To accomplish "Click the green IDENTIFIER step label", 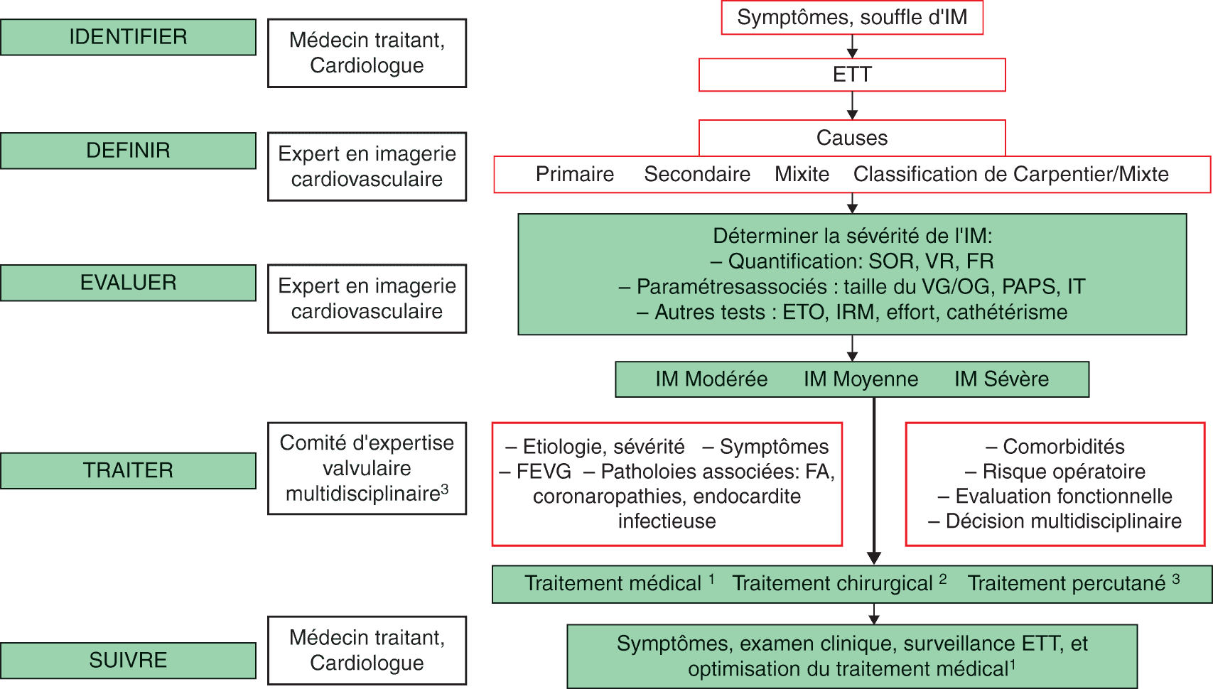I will coord(128,37).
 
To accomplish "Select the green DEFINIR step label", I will coord(128,151).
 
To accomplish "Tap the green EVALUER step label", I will coord(128,283).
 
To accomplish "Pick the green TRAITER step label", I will coord(128,470).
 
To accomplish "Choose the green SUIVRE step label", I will coord(128,660).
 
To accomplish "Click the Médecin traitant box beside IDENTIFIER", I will coord(367,53).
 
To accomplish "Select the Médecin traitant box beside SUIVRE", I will coord(367,650).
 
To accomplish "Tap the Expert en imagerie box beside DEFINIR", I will coord(367,166).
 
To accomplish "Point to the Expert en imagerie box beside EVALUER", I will coord(367,298).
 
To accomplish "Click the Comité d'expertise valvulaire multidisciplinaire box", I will coord(367,468).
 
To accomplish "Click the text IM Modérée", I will coord(711,379).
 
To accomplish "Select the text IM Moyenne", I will coord(861,379).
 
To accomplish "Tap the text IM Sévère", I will coord(1001,379).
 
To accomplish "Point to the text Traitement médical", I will coord(613,584).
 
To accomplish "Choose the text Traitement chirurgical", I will coord(832,584).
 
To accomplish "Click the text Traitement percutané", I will coord(1066,584).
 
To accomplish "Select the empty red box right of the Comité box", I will coord(667,484).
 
